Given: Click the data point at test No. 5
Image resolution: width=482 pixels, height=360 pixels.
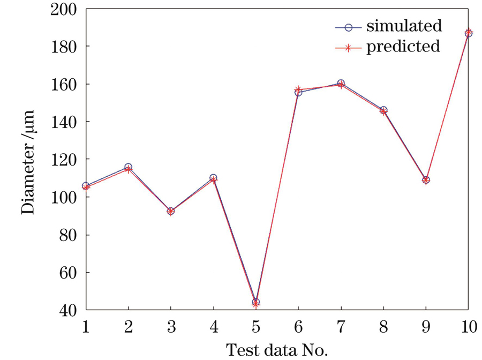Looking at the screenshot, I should click(x=255, y=303).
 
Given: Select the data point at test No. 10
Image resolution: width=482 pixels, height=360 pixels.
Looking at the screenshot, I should click(x=468, y=33).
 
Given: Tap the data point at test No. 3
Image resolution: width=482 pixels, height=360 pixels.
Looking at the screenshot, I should click(x=170, y=211).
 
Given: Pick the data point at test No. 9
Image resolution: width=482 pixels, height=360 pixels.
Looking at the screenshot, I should click(x=426, y=180).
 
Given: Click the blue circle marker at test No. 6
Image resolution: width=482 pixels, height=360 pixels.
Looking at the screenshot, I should click(x=298, y=93).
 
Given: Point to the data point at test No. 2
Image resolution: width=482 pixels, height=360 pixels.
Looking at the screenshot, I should click(x=128, y=168).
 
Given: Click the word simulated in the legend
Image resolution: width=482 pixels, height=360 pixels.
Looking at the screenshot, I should click(x=404, y=26).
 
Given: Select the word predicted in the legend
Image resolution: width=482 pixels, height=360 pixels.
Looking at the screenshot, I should click(x=403, y=47).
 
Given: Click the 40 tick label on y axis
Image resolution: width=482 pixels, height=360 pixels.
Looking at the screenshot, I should click(x=70, y=310).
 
